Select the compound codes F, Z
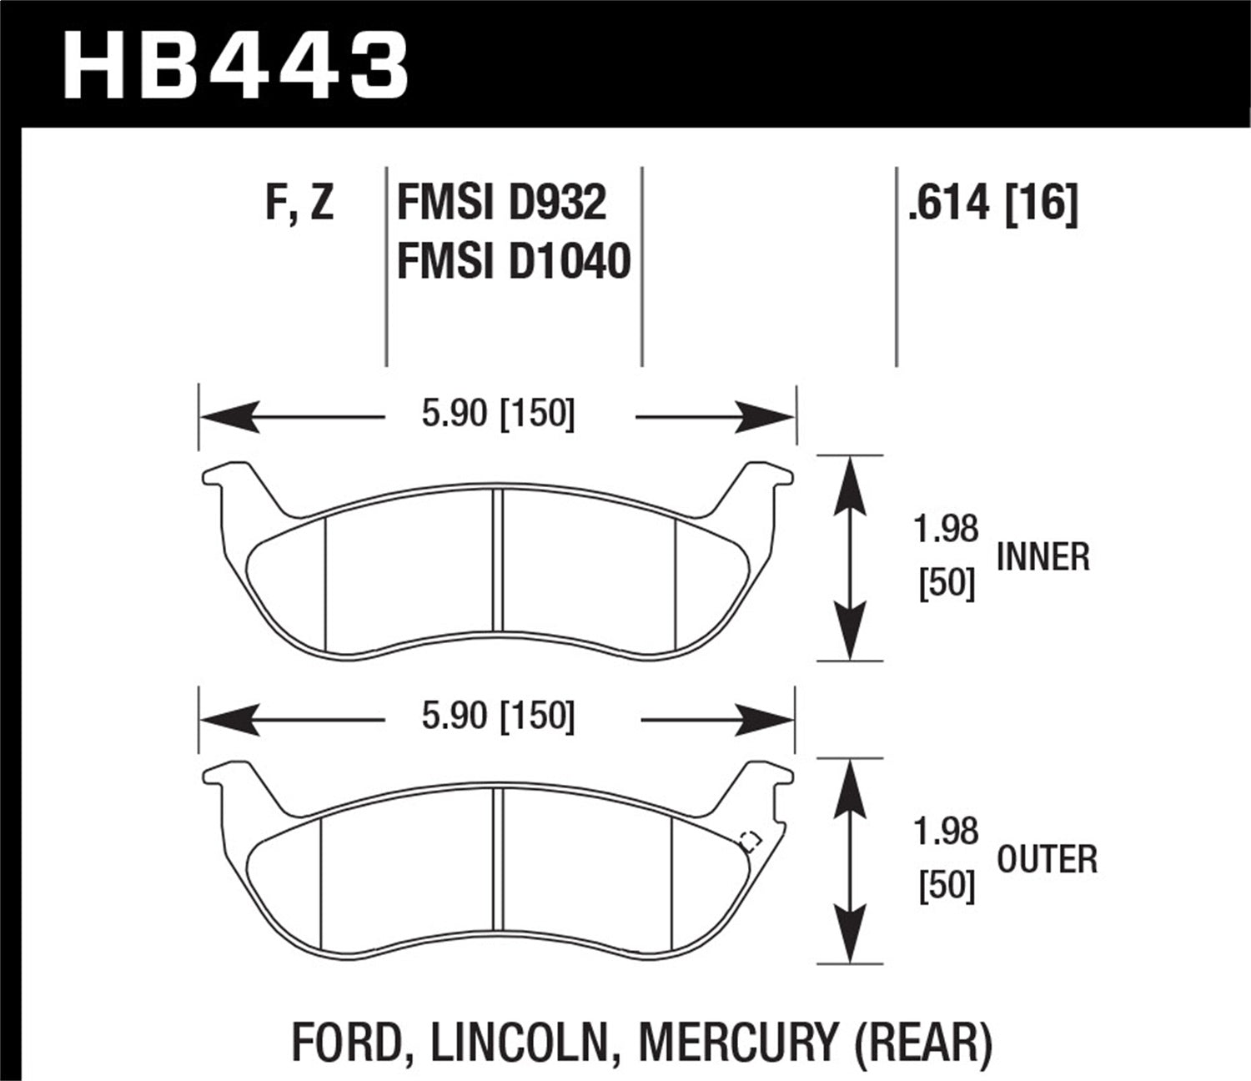click(299, 203)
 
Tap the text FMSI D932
click(501, 203)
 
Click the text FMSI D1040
click(513, 261)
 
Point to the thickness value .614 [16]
click(992, 203)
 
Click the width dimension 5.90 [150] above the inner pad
click(498, 415)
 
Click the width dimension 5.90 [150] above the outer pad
click(498, 716)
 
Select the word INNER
click(1042, 557)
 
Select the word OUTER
click(1047, 860)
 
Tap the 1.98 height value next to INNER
click(946, 530)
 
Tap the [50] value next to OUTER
click(947, 887)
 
